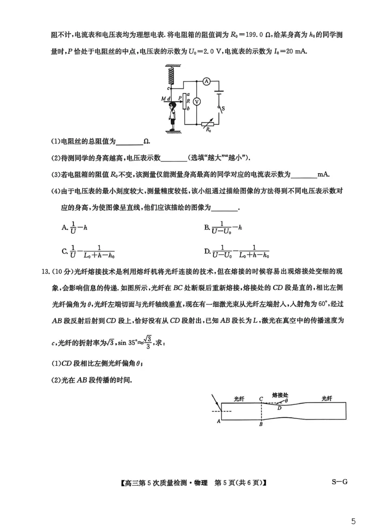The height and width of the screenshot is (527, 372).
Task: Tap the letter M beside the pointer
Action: [163, 99]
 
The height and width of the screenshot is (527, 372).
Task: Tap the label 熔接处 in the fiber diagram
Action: [280, 394]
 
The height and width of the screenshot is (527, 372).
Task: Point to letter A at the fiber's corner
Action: [218, 420]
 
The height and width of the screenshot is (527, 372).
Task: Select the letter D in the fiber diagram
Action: [279, 408]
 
